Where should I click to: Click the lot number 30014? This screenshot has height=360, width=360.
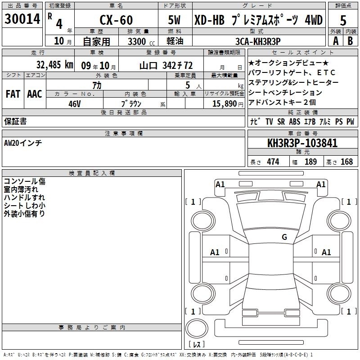[22, 19]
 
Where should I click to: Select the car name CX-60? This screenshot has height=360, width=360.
[116, 20]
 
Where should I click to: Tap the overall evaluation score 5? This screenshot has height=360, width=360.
[343, 20]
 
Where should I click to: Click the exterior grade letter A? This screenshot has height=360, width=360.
[336, 41]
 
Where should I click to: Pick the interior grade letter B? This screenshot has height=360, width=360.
[350, 41]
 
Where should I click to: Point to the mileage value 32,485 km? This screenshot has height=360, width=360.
[55, 65]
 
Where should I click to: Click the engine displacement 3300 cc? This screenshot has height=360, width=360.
[141, 41]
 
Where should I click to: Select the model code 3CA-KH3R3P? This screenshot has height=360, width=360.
[258, 41]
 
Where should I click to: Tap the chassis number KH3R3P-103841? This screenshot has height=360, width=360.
[302, 143]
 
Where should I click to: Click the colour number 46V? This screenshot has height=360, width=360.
[75, 104]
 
